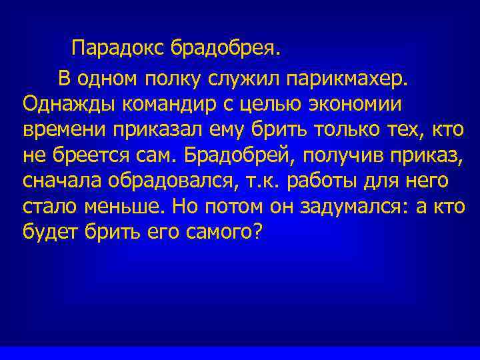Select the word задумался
[x=337, y=206]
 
